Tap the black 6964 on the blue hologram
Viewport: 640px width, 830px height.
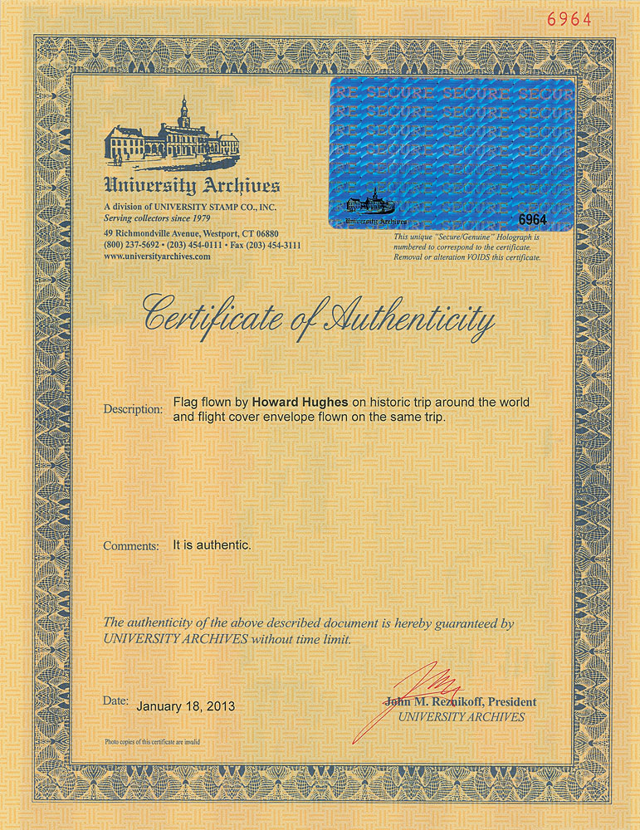(x=535, y=219)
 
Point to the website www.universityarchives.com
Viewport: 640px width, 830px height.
(x=157, y=257)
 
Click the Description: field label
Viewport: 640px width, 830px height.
(x=133, y=410)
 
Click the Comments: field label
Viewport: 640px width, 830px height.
(x=131, y=546)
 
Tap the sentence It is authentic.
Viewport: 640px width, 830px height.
(x=212, y=545)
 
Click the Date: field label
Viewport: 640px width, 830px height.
(x=115, y=701)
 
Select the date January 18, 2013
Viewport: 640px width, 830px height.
(x=185, y=706)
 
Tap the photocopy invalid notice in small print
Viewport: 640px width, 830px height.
(x=152, y=741)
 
